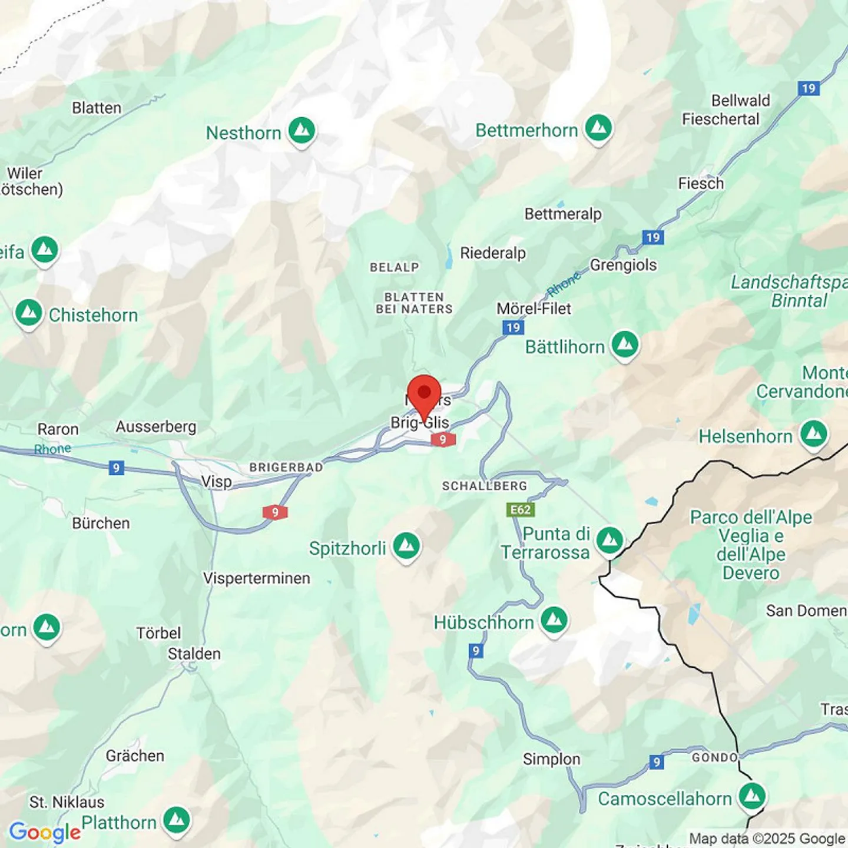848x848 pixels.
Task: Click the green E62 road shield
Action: (x=521, y=509)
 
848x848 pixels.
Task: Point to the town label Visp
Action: (x=217, y=482)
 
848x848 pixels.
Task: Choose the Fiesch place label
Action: (x=701, y=184)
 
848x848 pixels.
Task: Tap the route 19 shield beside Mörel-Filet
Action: (x=514, y=327)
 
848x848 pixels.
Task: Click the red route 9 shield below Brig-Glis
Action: (x=443, y=439)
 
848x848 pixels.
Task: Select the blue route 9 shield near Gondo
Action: (x=657, y=762)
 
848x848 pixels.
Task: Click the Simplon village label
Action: (x=552, y=759)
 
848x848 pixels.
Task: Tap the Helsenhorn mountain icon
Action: (x=814, y=435)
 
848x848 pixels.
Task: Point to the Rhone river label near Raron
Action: (x=52, y=449)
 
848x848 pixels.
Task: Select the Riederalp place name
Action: (x=493, y=253)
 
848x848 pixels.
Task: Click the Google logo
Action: (x=45, y=832)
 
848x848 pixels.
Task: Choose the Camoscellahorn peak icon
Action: (x=752, y=797)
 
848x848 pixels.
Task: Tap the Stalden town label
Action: (x=194, y=654)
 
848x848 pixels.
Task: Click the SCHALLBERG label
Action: (x=485, y=486)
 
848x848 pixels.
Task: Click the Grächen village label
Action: (x=135, y=756)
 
